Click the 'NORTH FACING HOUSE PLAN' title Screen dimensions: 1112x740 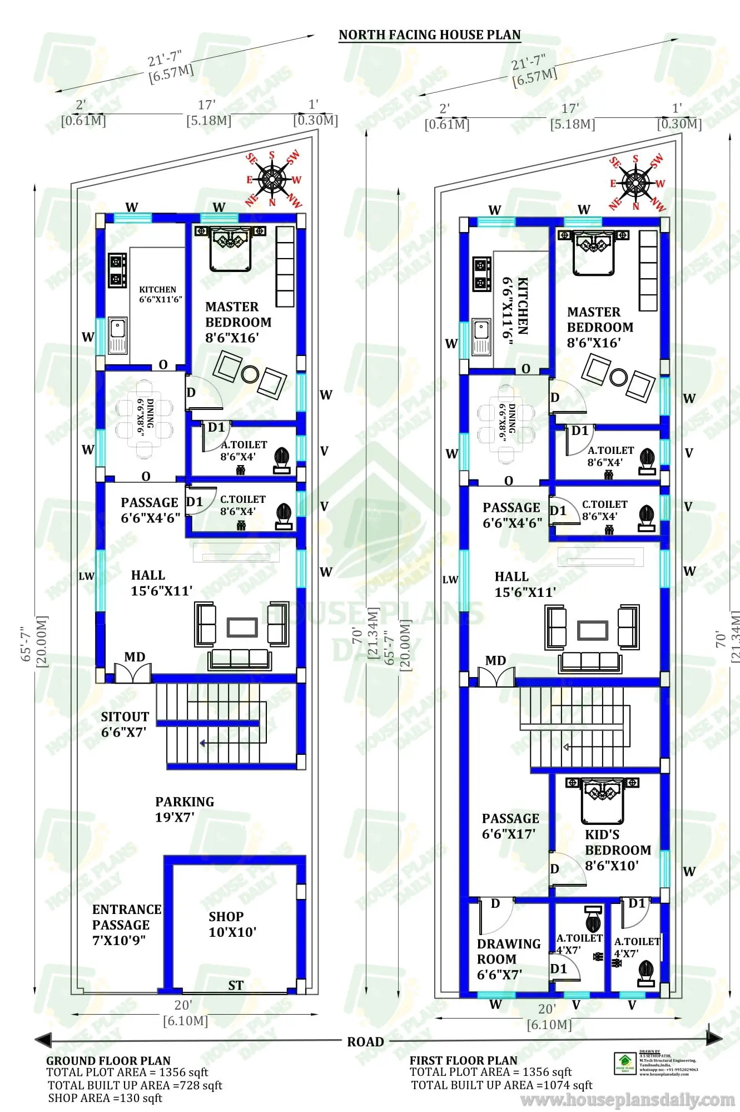[x=429, y=35]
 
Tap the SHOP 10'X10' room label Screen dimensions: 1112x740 [x=232, y=924]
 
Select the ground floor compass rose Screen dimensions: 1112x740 [x=272, y=179]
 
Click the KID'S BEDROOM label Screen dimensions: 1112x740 [x=617, y=850]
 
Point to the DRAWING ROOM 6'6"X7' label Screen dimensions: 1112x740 [x=508, y=959]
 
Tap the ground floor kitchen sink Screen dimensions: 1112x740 [x=117, y=335]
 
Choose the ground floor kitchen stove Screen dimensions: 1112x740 [x=117, y=270]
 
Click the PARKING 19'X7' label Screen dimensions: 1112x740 [x=184, y=809]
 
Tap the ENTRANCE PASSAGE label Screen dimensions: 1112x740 [x=126, y=925]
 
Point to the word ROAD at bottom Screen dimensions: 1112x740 [x=365, y=1042]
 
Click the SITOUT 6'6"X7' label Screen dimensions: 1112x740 [x=125, y=724]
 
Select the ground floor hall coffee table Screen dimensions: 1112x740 [x=242, y=627]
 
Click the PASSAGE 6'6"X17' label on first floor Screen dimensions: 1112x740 [x=510, y=826]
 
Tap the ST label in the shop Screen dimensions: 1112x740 [x=236, y=985]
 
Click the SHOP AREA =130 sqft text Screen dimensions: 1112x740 [x=105, y=1098]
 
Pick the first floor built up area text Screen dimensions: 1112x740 [x=501, y=1085]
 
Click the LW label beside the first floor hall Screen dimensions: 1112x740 [x=450, y=580]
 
